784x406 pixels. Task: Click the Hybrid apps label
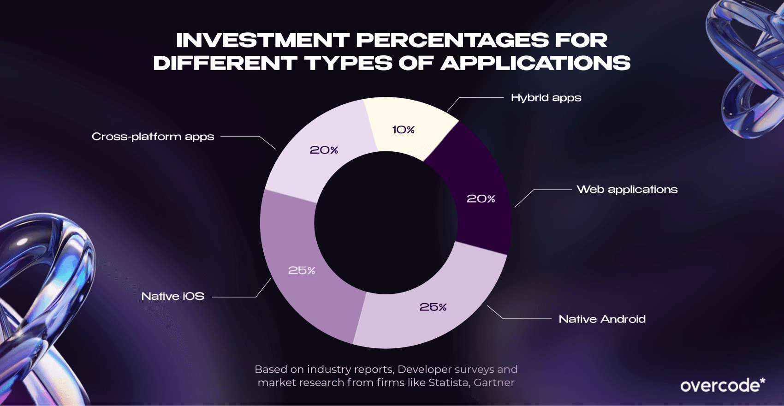[546, 98]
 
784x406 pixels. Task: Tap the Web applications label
[627, 190]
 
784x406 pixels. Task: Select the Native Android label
[602, 319]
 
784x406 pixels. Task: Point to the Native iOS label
[172, 296]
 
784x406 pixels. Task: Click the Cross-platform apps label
[153, 137]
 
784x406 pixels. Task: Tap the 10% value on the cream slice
[403, 130]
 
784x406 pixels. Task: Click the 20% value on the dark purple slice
[481, 199]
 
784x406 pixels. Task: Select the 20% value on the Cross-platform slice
[324, 150]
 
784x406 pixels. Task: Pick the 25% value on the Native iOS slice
[302, 270]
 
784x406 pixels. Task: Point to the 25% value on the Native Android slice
[433, 307]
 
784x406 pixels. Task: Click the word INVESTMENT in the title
[262, 41]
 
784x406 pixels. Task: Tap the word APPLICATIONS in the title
[535, 63]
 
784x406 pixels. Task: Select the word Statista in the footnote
[448, 382]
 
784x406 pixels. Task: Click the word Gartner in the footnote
[494, 382]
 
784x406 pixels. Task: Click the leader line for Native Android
[526, 319]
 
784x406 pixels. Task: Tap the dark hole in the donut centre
[386, 223]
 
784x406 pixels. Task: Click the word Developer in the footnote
[424, 370]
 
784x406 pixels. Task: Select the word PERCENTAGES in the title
[452, 41]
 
